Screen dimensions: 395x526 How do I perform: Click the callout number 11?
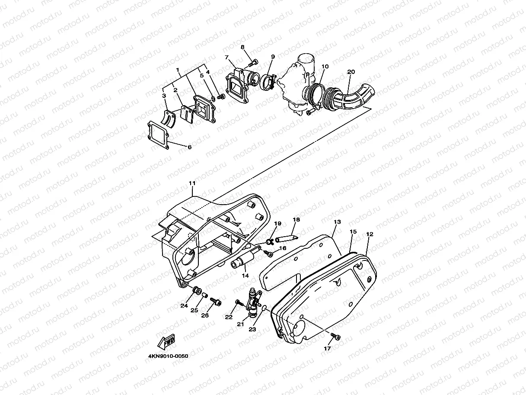(192, 183)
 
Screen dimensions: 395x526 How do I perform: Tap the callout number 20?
(351, 71)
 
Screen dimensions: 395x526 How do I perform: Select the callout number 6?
(189, 147)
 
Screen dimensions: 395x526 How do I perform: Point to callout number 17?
(327, 348)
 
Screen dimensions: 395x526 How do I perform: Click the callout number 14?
(245, 276)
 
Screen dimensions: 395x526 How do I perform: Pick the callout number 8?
(242, 47)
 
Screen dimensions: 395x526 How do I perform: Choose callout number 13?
(338, 222)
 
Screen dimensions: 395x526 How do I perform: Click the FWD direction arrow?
(168, 341)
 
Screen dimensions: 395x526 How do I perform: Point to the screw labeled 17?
(335, 336)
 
